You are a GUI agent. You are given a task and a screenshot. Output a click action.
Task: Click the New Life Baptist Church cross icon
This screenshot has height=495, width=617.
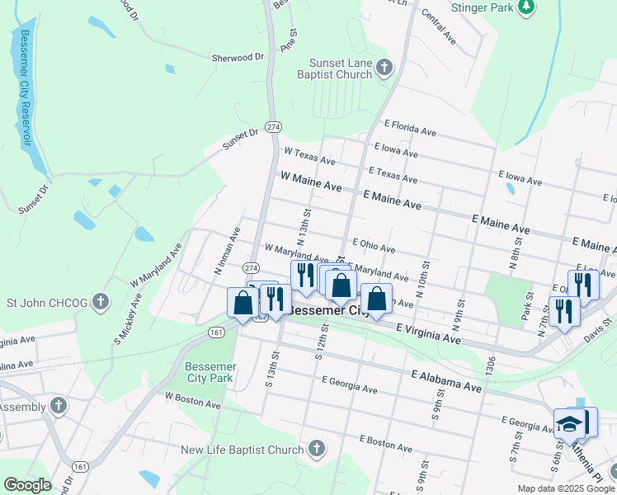316,449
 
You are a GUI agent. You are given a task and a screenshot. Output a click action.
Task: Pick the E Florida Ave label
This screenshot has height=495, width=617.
410,128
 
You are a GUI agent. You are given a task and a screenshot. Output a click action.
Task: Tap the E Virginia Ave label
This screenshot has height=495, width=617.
427,333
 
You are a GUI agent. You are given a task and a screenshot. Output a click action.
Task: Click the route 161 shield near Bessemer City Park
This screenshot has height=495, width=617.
216,332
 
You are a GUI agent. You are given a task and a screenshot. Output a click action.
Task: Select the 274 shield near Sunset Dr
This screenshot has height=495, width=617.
273,126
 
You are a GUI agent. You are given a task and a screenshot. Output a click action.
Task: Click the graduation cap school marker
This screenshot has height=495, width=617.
569,424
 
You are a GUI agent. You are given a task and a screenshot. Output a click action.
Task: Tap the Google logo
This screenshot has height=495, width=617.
27,485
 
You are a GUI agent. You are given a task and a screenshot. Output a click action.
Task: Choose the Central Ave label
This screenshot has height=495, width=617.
438,26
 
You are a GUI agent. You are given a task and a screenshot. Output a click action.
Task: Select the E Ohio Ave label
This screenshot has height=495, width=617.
374,245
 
